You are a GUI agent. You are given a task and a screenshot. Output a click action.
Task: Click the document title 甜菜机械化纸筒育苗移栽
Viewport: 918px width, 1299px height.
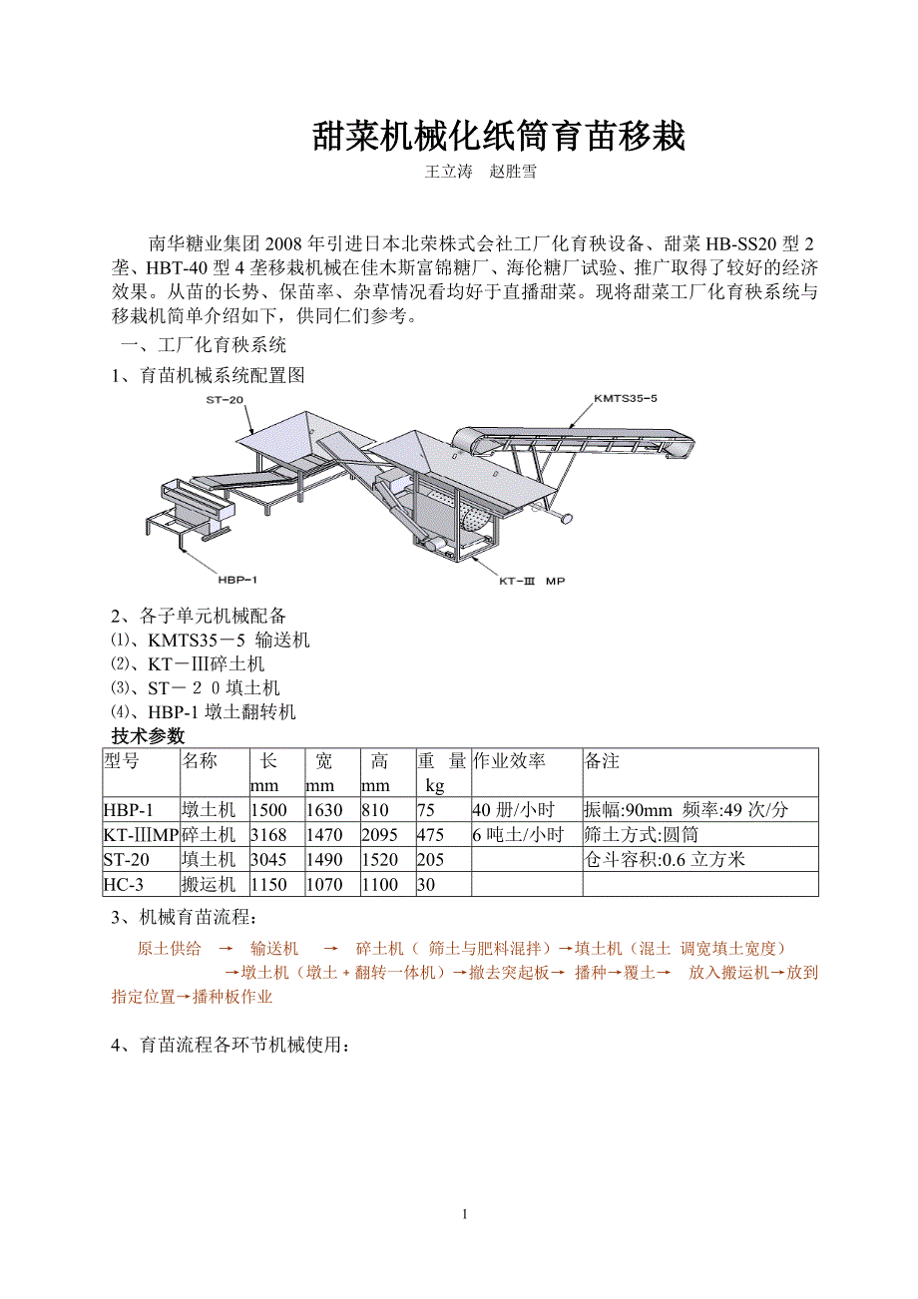point(499,137)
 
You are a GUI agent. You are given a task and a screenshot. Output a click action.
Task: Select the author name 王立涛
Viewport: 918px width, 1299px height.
point(448,172)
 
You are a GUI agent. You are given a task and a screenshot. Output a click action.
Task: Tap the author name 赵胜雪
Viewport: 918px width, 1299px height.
point(513,172)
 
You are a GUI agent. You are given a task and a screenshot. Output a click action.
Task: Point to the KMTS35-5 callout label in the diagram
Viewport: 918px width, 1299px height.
point(625,399)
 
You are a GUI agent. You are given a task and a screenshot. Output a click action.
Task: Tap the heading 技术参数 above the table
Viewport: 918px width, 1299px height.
point(148,736)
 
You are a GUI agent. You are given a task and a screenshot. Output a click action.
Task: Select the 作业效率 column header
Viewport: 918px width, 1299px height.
point(510,761)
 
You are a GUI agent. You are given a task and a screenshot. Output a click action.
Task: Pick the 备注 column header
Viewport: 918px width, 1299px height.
point(603,761)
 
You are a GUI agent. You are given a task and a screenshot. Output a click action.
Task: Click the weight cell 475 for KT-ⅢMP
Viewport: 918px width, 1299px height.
point(431,835)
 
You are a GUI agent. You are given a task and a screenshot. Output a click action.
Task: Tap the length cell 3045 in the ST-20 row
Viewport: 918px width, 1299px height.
point(268,859)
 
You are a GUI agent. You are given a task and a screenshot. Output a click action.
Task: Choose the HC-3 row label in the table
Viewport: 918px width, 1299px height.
point(124,884)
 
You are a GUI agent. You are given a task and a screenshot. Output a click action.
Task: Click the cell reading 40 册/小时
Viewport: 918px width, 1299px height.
point(513,810)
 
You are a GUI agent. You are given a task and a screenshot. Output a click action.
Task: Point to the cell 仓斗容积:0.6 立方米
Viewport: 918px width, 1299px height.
point(665,859)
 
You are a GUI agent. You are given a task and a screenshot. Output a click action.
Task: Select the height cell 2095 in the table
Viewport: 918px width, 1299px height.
point(379,835)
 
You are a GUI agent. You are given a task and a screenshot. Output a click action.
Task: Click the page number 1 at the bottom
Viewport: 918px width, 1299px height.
point(464,1214)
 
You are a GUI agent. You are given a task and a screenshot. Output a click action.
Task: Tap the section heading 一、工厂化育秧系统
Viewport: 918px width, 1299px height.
point(203,346)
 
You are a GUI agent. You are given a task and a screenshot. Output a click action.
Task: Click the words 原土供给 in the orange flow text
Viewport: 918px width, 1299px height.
point(169,948)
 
